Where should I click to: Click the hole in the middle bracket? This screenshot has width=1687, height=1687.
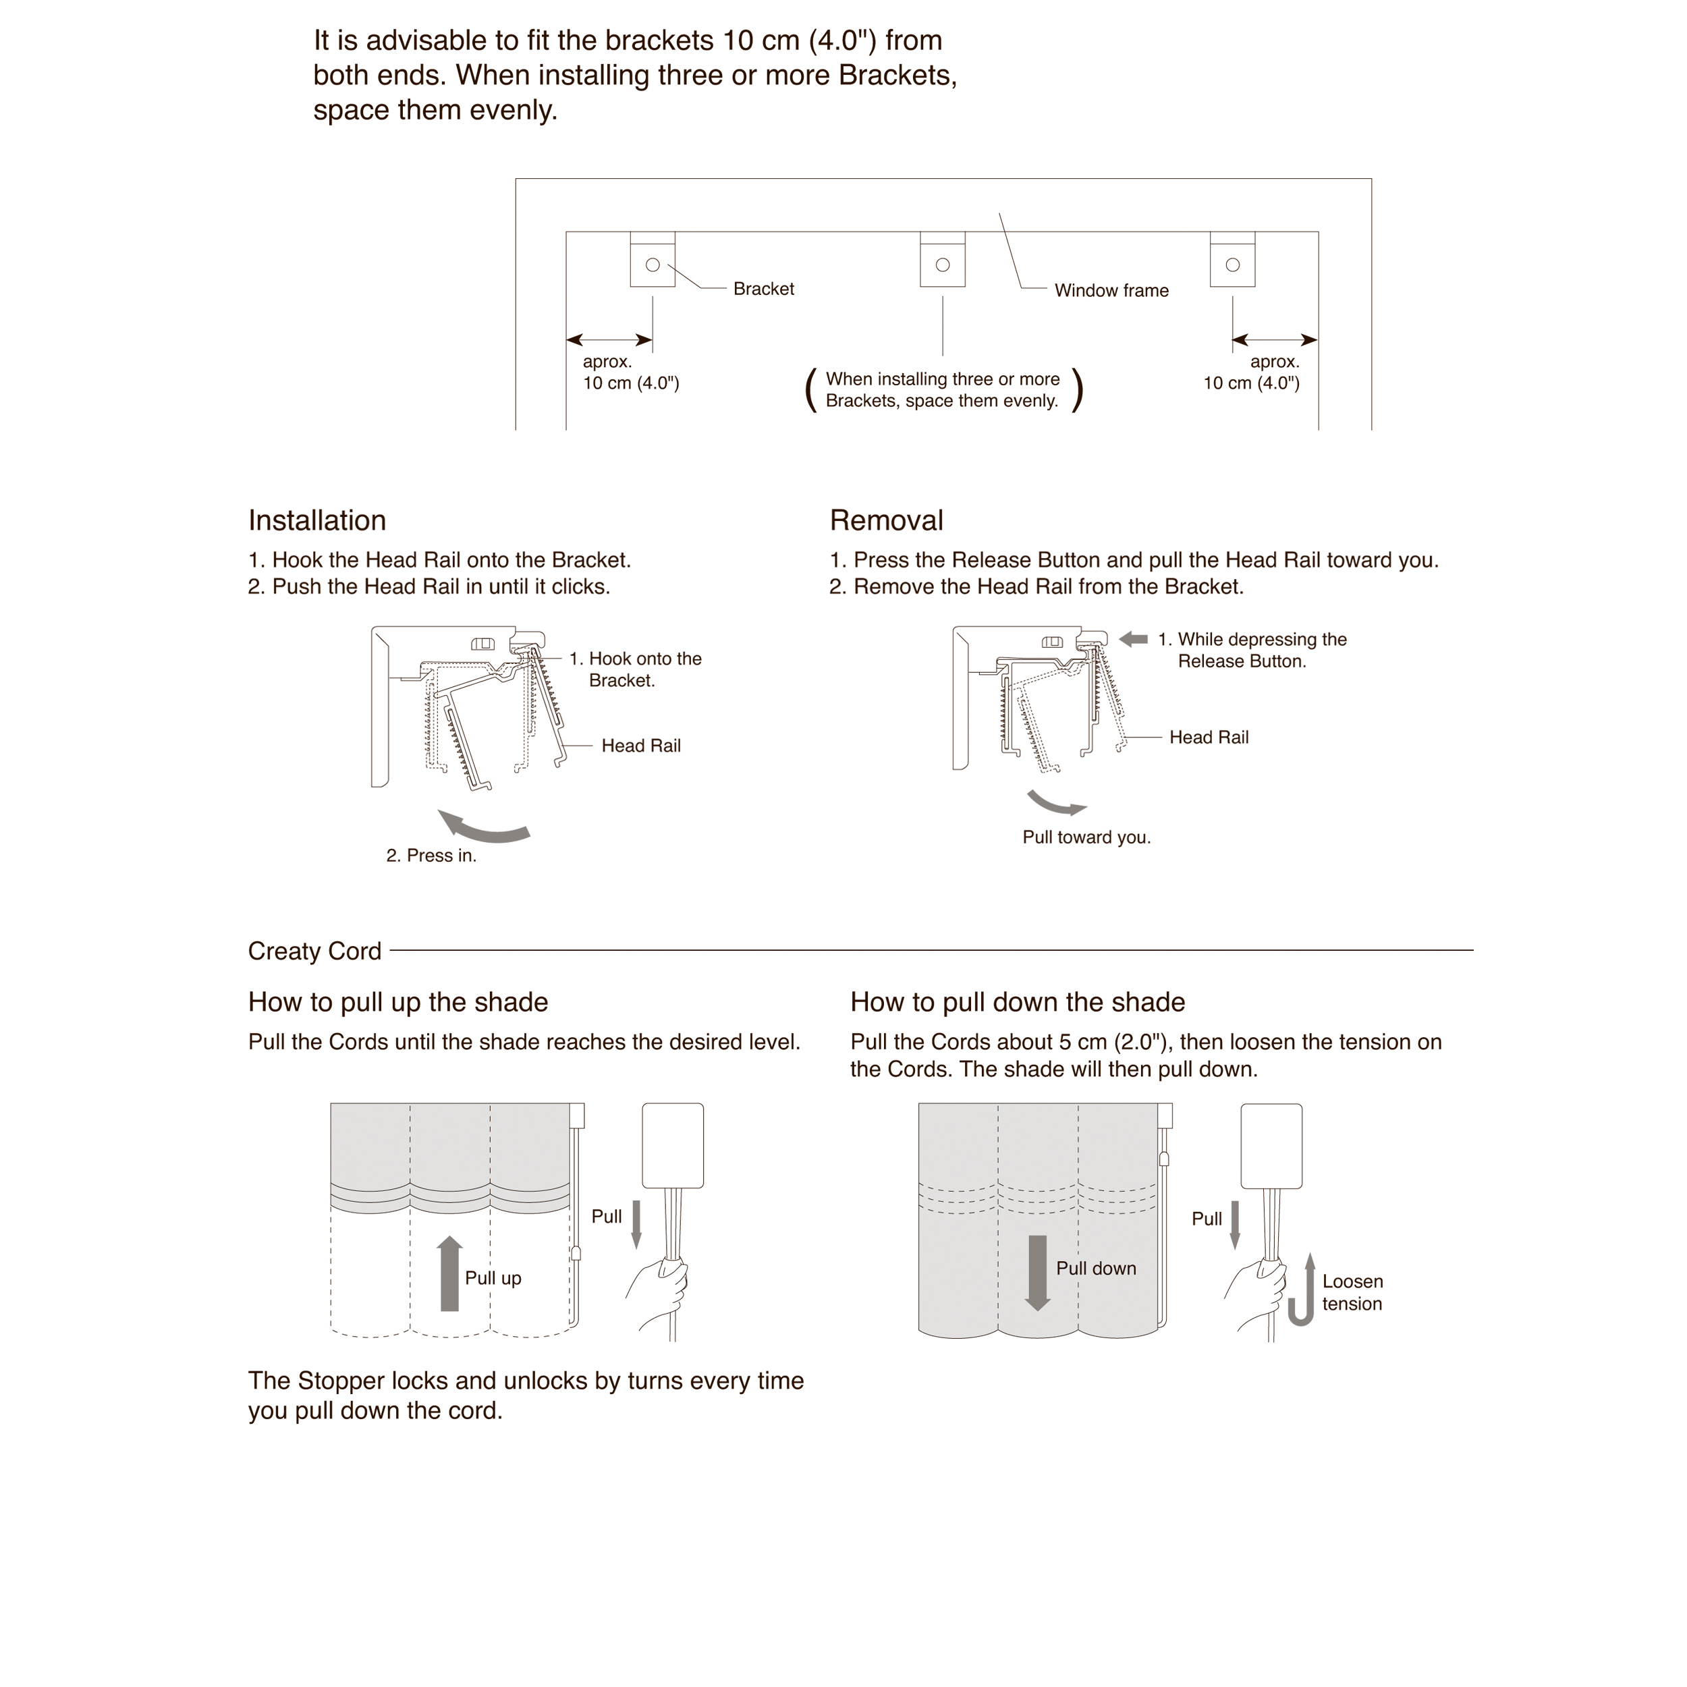(942, 265)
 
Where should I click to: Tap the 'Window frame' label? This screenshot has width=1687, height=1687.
(1111, 291)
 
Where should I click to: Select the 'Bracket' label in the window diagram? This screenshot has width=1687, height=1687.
(763, 289)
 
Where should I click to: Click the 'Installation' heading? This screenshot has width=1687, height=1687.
(317, 520)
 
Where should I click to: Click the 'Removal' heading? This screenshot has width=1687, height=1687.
(886, 520)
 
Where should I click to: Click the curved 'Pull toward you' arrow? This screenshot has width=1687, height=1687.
(1055, 802)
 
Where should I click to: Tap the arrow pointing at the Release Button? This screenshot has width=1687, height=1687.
(1134, 639)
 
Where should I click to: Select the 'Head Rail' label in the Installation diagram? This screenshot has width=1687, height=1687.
(641, 746)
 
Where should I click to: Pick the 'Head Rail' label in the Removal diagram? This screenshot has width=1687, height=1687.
(1209, 738)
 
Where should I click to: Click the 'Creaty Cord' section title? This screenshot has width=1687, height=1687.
(314, 951)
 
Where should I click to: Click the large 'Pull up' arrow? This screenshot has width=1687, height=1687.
(449, 1273)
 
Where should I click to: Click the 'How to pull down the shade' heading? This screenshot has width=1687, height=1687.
(1018, 1003)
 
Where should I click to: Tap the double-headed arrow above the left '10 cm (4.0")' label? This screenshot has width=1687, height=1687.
(609, 339)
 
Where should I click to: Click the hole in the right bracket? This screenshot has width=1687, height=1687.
(1232, 265)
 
